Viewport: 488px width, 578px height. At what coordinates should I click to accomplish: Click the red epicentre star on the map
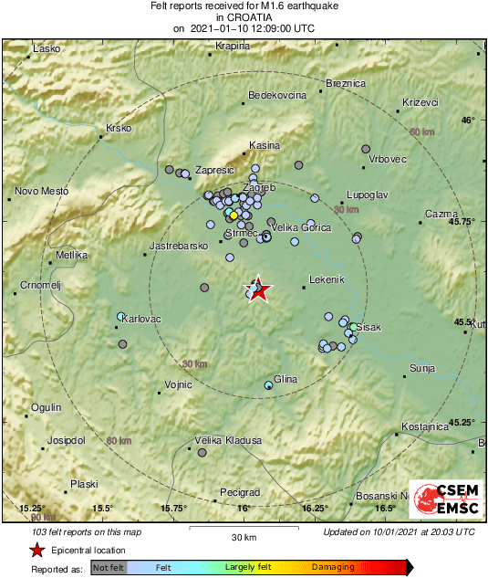click(258, 289)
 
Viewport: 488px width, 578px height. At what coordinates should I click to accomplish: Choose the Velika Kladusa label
click(229, 440)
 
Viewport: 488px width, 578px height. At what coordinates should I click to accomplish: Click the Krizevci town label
click(421, 102)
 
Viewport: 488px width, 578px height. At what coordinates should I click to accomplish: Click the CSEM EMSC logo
click(442, 500)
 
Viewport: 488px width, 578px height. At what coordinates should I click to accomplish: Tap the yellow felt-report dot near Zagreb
click(234, 215)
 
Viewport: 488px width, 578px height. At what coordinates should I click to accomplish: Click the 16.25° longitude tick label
click(315, 508)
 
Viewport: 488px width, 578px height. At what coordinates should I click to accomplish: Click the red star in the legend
click(36, 550)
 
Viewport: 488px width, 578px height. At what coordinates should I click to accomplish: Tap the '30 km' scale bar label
click(243, 536)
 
